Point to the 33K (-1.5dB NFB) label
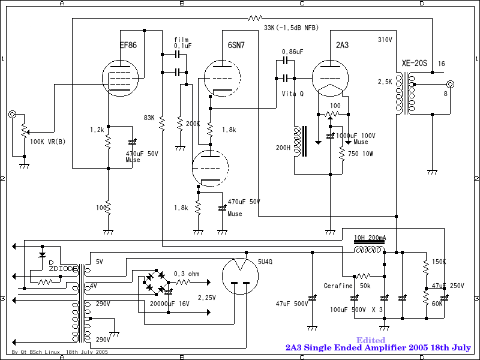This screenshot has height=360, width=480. (292, 28)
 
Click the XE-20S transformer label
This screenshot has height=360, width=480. (414, 64)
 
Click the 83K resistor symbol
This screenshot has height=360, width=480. (161, 123)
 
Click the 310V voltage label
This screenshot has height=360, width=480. (385, 40)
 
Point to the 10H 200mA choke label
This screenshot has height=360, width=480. (370, 238)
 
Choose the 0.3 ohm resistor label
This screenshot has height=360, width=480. (186, 274)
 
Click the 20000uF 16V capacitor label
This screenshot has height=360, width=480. (170, 304)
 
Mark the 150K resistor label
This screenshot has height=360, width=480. (439, 262)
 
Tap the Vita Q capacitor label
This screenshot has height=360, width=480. (293, 94)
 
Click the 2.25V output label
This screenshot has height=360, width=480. (206, 297)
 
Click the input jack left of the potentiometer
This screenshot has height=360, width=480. (12, 114)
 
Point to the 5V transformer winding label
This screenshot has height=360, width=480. (100, 262)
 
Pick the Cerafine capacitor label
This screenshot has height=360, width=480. (338, 286)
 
